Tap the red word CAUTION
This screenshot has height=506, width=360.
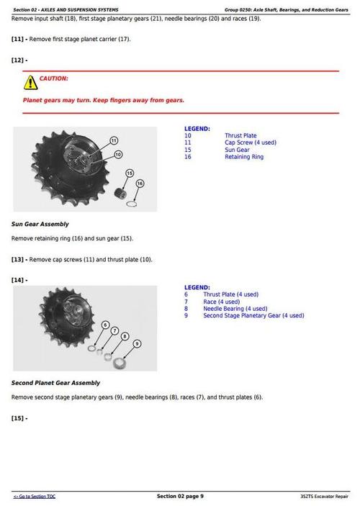click(54, 78)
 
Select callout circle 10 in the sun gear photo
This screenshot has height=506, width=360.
click(118, 154)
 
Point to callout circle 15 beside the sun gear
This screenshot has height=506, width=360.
click(130, 173)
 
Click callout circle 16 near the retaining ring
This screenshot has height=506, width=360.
click(139, 184)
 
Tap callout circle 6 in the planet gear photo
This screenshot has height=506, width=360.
click(105, 325)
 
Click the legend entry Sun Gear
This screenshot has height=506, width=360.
click(237, 150)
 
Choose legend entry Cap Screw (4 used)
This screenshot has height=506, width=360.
click(250, 143)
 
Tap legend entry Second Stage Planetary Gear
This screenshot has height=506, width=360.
click(253, 315)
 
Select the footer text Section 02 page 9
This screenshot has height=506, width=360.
click(180, 496)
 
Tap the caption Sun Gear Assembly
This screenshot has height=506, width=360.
click(40, 224)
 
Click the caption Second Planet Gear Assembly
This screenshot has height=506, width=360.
click(55, 383)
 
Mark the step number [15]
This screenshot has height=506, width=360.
click(19, 418)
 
